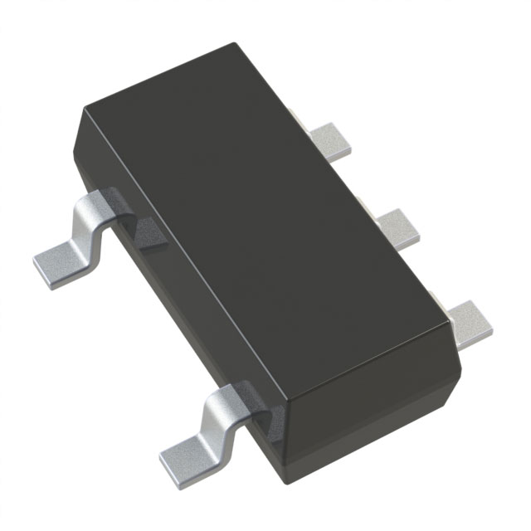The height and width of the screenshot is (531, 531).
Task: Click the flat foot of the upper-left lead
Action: [x=62, y=261]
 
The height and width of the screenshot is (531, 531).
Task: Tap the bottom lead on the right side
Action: [x=470, y=319]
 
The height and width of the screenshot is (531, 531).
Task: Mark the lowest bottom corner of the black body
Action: [x=287, y=490]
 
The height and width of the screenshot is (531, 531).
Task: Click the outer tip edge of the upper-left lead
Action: [x=46, y=270]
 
